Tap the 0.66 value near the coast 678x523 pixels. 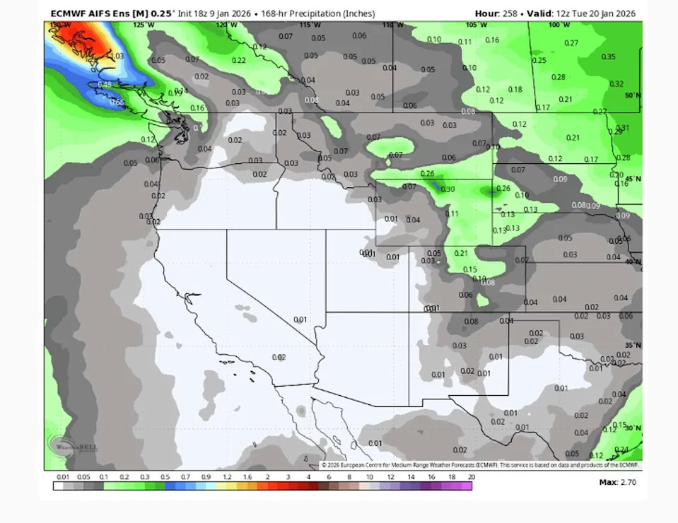(117, 102)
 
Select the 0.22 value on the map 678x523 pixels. (239, 60)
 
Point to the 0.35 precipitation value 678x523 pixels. (607, 57)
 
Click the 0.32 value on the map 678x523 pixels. (616, 83)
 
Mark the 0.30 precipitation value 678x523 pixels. (448, 189)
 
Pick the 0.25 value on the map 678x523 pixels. (539, 60)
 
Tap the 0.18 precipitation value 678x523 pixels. (515, 90)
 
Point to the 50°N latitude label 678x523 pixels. (633, 95)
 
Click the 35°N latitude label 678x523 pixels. (633, 345)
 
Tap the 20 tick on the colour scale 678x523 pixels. (471, 478)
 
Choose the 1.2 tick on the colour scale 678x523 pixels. (227, 478)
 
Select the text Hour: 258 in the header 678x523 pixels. (496, 13)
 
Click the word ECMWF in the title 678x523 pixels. (69, 13)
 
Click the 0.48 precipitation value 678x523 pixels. (104, 85)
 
